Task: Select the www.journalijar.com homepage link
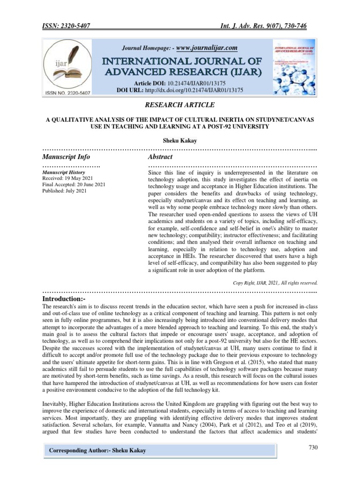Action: pos(207,47)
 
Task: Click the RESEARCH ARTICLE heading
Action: pos(180,105)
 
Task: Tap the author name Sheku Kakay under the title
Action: pos(180,140)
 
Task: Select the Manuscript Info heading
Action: pos(66,157)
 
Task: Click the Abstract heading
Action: pos(160,157)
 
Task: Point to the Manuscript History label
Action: pos(63,172)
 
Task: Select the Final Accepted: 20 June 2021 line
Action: pos(74,184)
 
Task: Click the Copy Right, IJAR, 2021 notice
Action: pos(275,283)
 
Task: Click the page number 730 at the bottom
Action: pos(313,448)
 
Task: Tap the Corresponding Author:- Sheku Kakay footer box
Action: pos(97,450)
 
